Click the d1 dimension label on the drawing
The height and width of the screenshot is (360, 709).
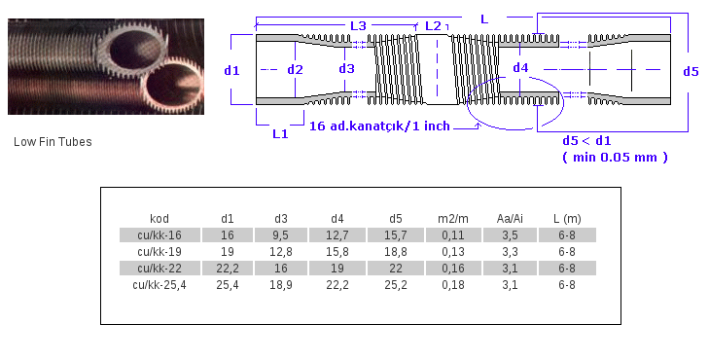pyautogui.click(x=231, y=70)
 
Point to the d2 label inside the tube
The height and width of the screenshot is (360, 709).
pyautogui.click(x=295, y=69)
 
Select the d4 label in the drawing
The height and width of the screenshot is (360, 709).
pyautogui.click(x=521, y=68)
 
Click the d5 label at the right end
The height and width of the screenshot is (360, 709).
pyautogui.click(x=691, y=71)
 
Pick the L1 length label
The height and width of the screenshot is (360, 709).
pyautogui.click(x=280, y=134)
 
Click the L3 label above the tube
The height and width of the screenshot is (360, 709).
pyautogui.click(x=358, y=25)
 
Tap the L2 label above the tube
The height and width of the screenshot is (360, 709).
pyautogui.click(x=433, y=25)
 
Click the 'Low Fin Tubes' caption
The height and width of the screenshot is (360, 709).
pyautogui.click(x=53, y=142)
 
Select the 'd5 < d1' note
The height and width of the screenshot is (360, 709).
pyautogui.click(x=587, y=141)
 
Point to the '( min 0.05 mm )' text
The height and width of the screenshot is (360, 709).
pyautogui.click(x=615, y=157)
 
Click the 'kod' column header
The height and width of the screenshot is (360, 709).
pyautogui.click(x=160, y=218)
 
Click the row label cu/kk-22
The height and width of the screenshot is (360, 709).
pyautogui.click(x=159, y=268)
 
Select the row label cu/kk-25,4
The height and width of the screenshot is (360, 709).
pyautogui.click(x=159, y=284)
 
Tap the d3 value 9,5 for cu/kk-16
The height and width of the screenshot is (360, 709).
pyautogui.click(x=282, y=234)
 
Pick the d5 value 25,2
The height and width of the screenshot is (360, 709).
pyautogui.click(x=394, y=284)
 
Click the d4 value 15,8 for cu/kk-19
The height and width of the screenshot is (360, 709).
pyautogui.click(x=337, y=251)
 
